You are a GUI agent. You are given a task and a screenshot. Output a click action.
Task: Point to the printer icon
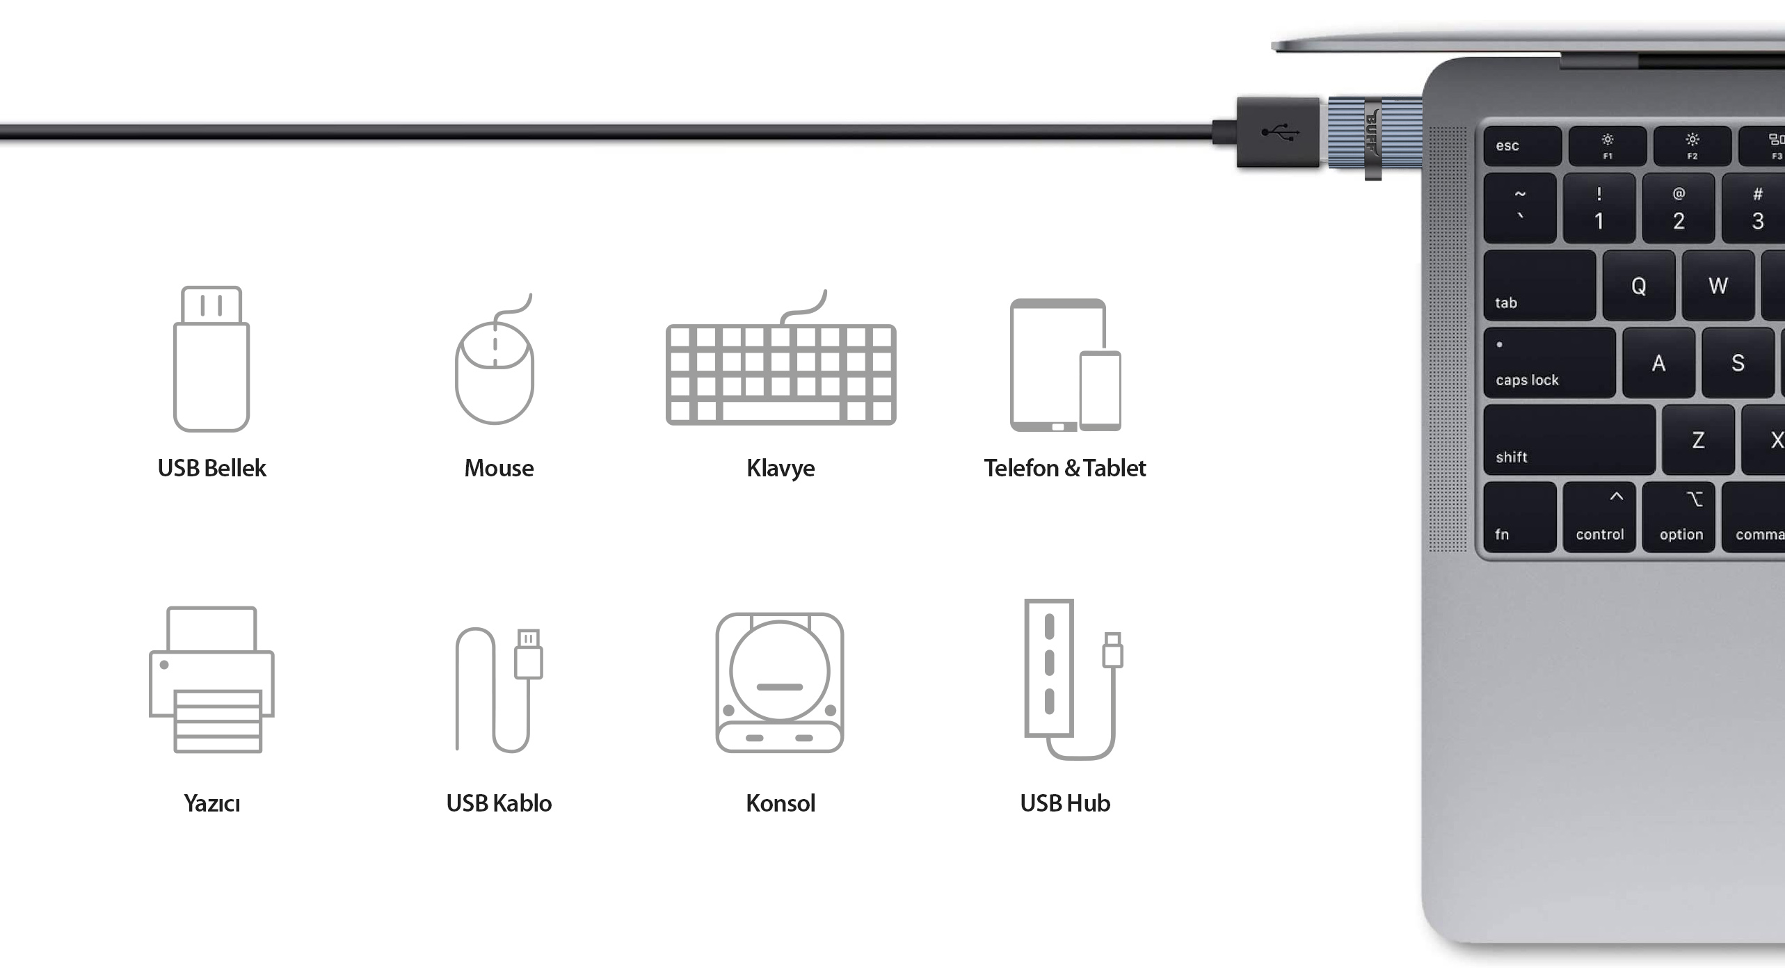tap(211, 679)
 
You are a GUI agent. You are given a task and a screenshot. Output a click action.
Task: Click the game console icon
tap(780, 682)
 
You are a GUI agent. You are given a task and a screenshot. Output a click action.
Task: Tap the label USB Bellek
tap(211, 468)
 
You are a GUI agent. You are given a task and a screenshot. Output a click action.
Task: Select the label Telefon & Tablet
tap(1064, 468)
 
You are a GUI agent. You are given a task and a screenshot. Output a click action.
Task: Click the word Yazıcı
tap(211, 803)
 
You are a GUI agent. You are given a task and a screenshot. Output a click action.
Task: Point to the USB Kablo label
tap(499, 803)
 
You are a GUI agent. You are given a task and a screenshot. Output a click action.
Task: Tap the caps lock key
tap(1549, 363)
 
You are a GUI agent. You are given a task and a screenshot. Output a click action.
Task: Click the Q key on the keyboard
tap(1638, 286)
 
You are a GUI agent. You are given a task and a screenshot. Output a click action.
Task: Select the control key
tap(1599, 517)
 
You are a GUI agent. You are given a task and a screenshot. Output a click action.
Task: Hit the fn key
tap(1520, 517)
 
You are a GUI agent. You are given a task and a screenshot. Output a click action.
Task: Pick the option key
tap(1679, 517)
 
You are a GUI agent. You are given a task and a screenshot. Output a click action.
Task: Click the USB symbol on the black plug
tap(1280, 131)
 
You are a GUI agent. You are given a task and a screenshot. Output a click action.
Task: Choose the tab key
tap(1539, 286)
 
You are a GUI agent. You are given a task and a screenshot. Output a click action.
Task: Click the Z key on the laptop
tap(1698, 440)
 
